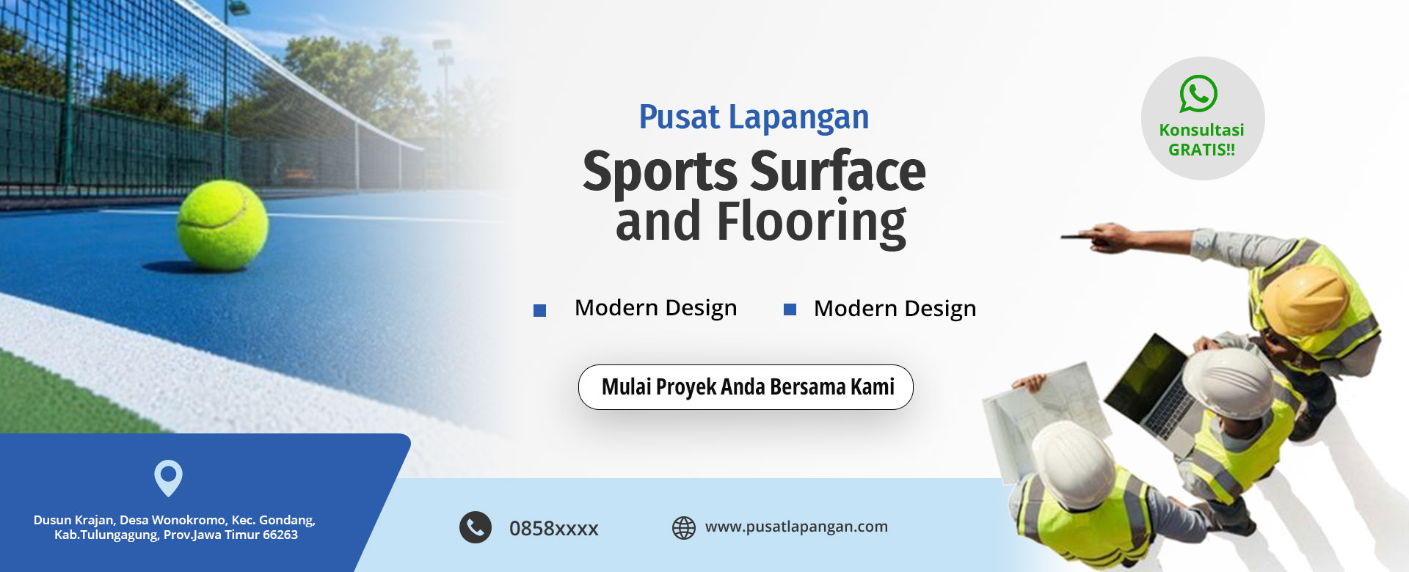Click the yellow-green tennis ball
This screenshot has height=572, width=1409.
(x=222, y=225)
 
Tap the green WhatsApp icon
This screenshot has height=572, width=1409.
(x=1198, y=94)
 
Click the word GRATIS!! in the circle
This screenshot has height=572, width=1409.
(x=1201, y=150)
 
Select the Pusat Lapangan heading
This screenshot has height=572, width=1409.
(x=754, y=117)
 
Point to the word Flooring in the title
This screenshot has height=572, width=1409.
(x=811, y=222)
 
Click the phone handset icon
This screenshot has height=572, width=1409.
(x=476, y=527)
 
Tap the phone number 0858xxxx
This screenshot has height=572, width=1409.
(x=554, y=528)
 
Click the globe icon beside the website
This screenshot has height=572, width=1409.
(x=684, y=528)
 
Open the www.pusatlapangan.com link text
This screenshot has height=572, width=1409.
(x=796, y=527)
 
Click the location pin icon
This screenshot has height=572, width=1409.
(x=168, y=478)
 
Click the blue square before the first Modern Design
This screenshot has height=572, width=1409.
(x=539, y=310)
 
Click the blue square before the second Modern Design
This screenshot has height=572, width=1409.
(x=790, y=309)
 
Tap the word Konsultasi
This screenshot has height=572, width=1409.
(x=1201, y=130)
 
